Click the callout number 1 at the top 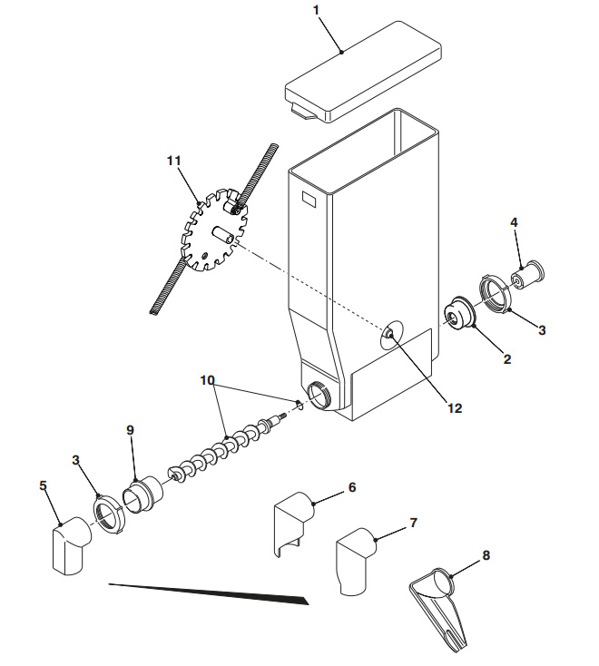[x=316, y=10]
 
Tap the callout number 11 [x=174, y=161]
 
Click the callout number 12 [x=455, y=408]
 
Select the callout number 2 [x=507, y=359]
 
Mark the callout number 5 [x=42, y=485]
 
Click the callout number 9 [x=130, y=431]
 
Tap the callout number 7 [x=413, y=524]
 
